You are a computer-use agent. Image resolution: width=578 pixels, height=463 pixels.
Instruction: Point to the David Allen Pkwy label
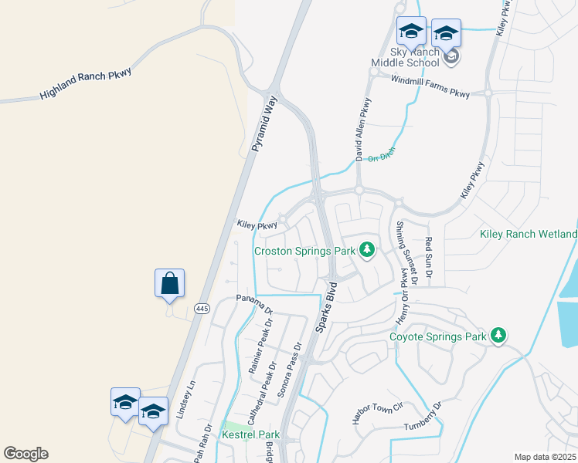[x=363, y=129]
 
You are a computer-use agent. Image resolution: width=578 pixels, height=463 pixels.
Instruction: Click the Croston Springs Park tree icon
[x=367, y=250]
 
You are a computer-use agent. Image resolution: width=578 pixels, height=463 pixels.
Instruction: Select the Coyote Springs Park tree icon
[x=499, y=336]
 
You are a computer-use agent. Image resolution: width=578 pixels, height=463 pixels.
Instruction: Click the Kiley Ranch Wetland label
[x=528, y=234]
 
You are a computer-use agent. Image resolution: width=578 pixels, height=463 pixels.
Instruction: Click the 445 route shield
[x=202, y=309]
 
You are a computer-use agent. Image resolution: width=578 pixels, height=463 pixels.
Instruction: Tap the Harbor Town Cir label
[x=378, y=413]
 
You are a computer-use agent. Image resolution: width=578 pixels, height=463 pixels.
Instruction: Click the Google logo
[x=25, y=454]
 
